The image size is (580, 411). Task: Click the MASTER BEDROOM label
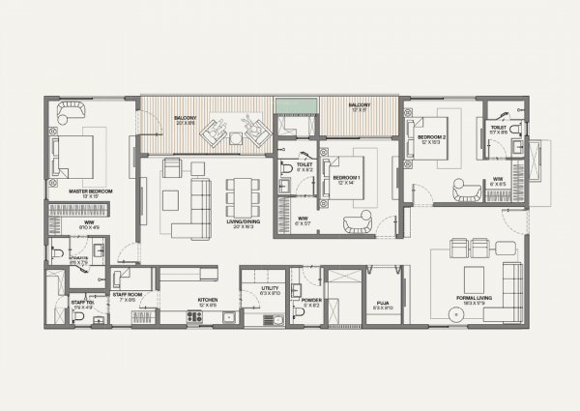[x=91, y=191]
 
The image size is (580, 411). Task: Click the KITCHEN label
[x=208, y=300]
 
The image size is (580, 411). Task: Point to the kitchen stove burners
[x=193, y=316]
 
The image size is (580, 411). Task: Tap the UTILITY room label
[x=271, y=288]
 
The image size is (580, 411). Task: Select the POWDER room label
[x=311, y=300]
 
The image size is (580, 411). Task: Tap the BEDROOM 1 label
[x=346, y=178]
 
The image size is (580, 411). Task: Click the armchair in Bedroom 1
[x=356, y=223]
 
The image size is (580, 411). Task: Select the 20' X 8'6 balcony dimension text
[x=185, y=124]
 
